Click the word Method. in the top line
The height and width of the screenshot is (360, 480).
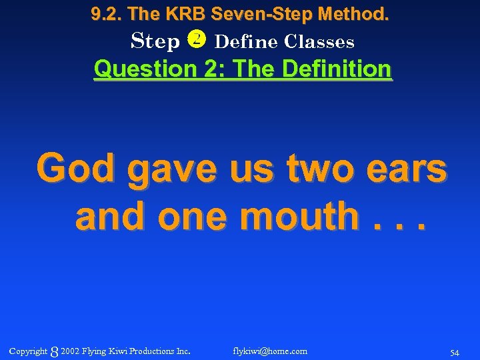[356, 13]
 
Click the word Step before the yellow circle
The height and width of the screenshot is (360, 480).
[155, 42]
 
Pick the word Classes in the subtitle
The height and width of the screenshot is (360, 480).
[319, 41]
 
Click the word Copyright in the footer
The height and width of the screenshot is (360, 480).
[29, 351]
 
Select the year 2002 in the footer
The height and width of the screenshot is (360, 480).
[69, 351]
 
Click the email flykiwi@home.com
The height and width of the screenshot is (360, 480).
[270, 351]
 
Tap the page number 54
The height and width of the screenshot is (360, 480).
[455, 352]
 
